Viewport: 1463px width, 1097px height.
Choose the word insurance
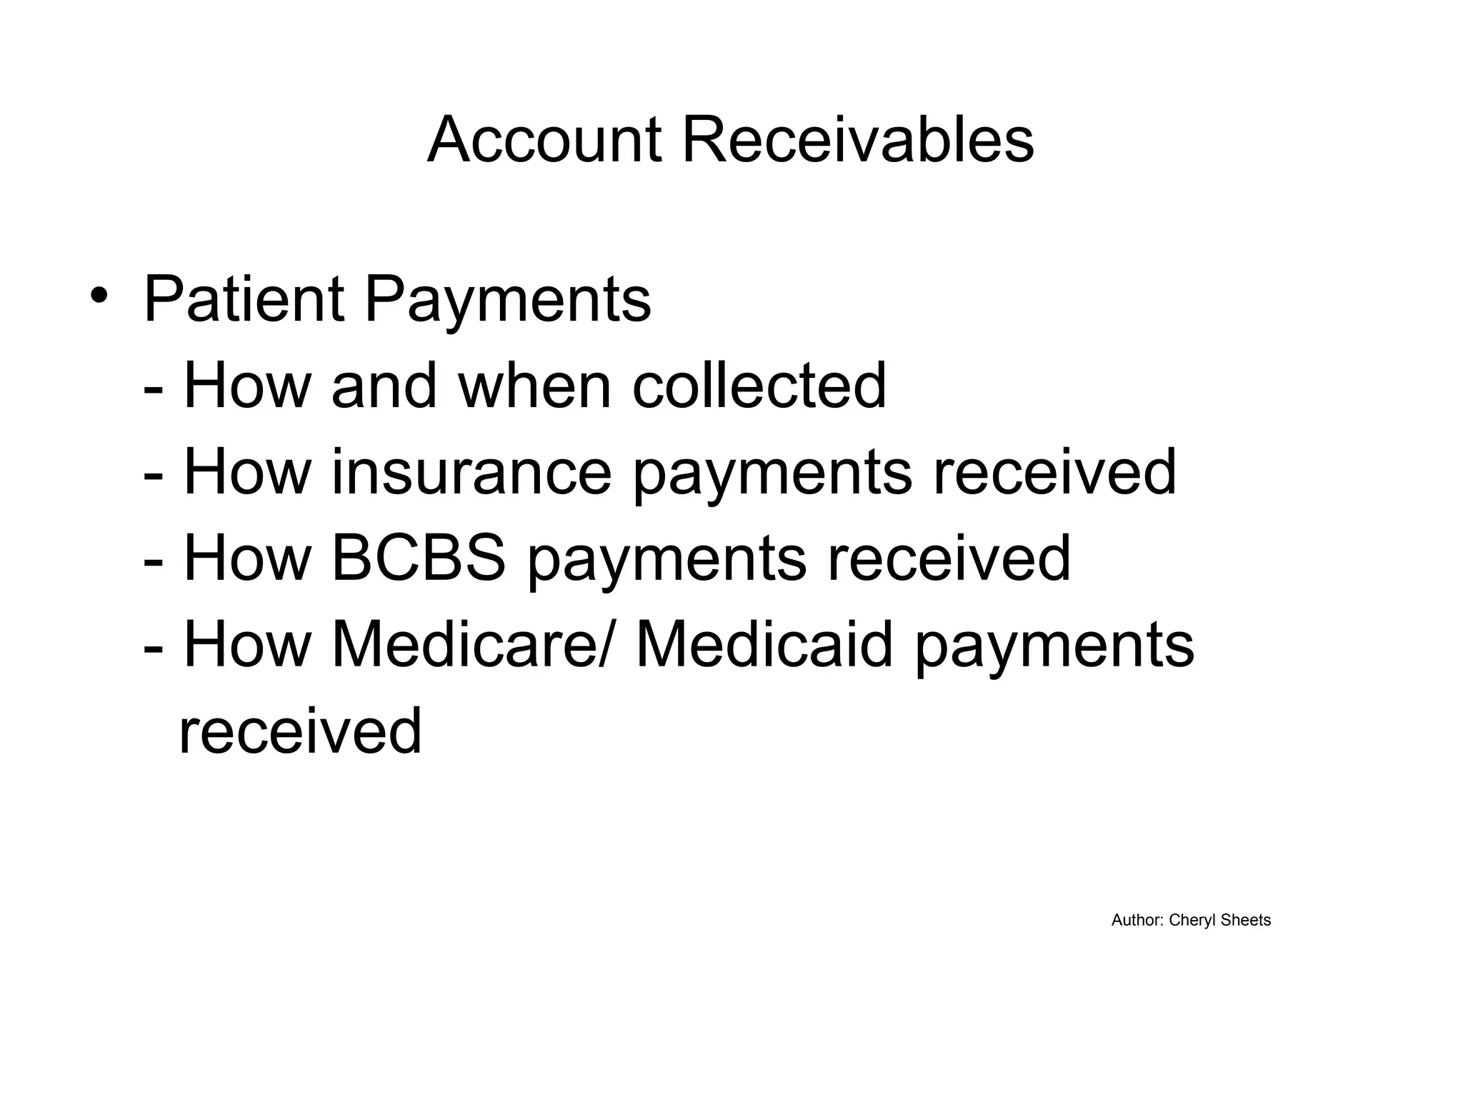pyautogui.click(x=471, y=472)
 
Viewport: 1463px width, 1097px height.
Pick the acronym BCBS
pyautogui.click(x=419, y=558)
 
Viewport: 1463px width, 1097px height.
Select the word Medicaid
pyautogui.click(x=764, y=645)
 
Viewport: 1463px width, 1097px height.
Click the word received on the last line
pyautogui.click(x=300, y=731)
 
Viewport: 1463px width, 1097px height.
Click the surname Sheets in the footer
pyautogui.click(x=1246, y=921)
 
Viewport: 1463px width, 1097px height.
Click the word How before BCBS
pyautogui.click(x=248, y=558)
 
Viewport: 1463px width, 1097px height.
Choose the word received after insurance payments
pyautogui.click(x=1054, y=472)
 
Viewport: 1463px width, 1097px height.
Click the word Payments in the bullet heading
pyautogui.click(x=508, y=300)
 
